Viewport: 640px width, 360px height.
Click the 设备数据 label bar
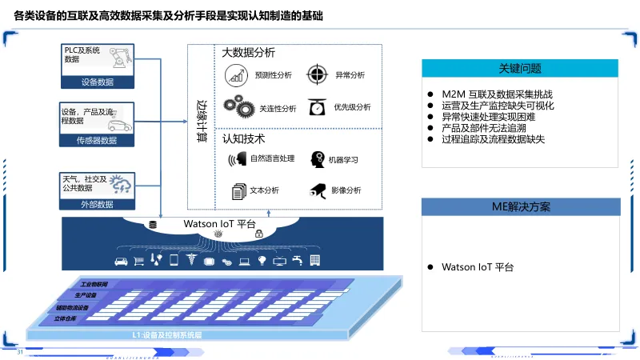(x=98, y=82)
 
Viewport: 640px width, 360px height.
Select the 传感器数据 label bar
(x=98, y=141)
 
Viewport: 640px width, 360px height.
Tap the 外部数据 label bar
(x=98, y=204)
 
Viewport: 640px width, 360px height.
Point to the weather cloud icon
(x=121, y=183)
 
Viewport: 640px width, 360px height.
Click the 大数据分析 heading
(x=248, y=53)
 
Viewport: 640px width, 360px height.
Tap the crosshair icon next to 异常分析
(x=318, y=74)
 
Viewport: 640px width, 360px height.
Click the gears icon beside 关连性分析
(x=238, y=106)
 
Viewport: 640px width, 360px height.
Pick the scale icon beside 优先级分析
(x=318, y=106)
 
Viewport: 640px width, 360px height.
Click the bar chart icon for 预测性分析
(x=237, y=75)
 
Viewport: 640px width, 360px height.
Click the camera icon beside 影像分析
(x=317, y=190)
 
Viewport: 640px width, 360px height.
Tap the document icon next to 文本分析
(x=238, y=191)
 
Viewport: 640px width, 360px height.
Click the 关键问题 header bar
(x=520, y=69)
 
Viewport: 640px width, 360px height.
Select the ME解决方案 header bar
(x=520, y=207)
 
